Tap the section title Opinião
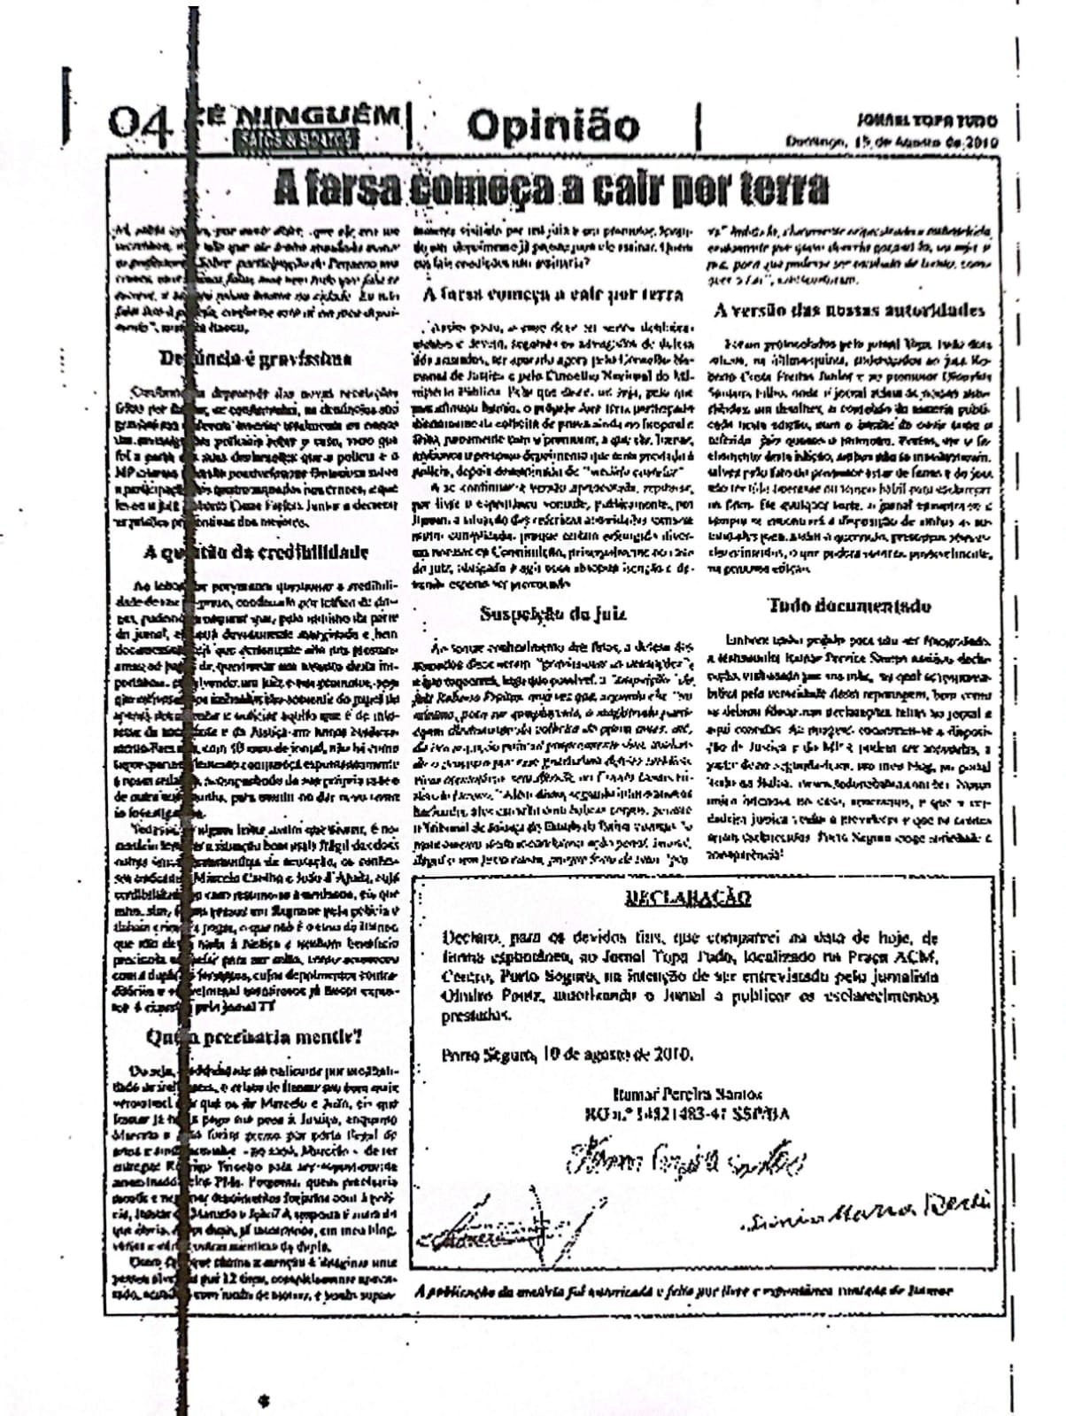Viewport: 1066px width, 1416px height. point(552,126)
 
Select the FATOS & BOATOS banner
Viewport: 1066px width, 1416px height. point(295,139)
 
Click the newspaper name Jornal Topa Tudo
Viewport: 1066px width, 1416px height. point(926,120)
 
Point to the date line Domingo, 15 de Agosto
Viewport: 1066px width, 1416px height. point(892,142)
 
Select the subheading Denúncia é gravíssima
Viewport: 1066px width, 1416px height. point(255,359)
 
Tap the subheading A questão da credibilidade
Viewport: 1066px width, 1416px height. point(256,553)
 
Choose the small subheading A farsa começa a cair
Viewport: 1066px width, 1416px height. point(552,294)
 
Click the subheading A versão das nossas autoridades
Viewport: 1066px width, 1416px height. point(849,310)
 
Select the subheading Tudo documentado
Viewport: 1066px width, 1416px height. point(849,606)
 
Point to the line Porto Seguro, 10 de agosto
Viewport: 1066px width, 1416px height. point(567,1055)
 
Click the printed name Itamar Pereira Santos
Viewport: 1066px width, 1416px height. point(686,1095)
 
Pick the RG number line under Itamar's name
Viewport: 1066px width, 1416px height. point(686,1114)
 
